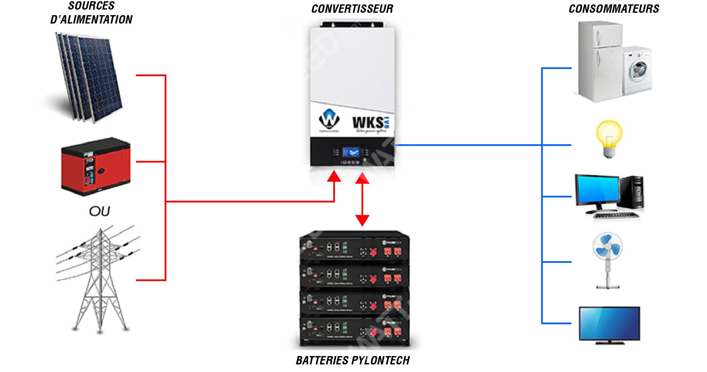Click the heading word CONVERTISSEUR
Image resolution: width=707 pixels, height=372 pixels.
pos(352,9)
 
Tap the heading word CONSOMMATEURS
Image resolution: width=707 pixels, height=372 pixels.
pos(614,9)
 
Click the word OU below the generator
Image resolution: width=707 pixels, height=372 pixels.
pos(99,211)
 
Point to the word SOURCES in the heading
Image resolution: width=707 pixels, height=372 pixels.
pos(91,6)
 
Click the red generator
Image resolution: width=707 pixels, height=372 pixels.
pos(95,167)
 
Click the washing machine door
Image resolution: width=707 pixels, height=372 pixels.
pos(638,70)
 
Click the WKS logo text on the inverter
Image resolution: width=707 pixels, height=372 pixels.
pos(368,122)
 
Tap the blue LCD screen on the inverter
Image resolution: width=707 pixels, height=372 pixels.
pos(351,152)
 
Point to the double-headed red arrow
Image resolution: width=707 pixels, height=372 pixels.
pos(362,199)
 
